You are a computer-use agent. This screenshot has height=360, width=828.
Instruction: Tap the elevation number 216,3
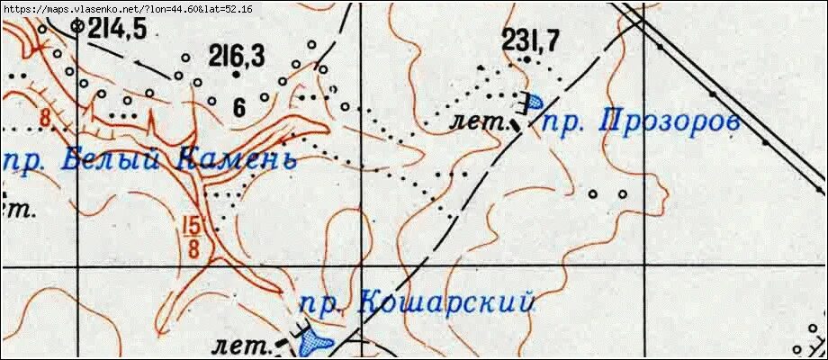pos(237,56)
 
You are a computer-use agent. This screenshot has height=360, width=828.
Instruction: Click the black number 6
pos(238,107)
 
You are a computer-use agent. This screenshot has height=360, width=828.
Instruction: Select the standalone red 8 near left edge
pos(43,118)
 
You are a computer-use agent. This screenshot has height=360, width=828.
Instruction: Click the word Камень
pos(236,160)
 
